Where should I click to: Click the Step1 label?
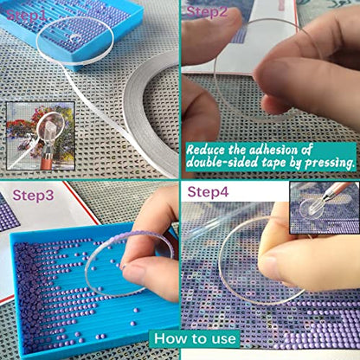tap(26, 15)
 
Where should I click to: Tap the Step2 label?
tap(207, 12)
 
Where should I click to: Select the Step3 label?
tap(33, 196)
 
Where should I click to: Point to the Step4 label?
tap(208, 192)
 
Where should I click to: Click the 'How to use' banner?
tap(195, 338)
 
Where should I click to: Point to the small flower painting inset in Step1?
tap(41, 136)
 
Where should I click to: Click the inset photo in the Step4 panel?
tap(325, 208)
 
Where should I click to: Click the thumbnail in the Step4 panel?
tap(325, 208)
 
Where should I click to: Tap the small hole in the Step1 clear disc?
tap(75, 37)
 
